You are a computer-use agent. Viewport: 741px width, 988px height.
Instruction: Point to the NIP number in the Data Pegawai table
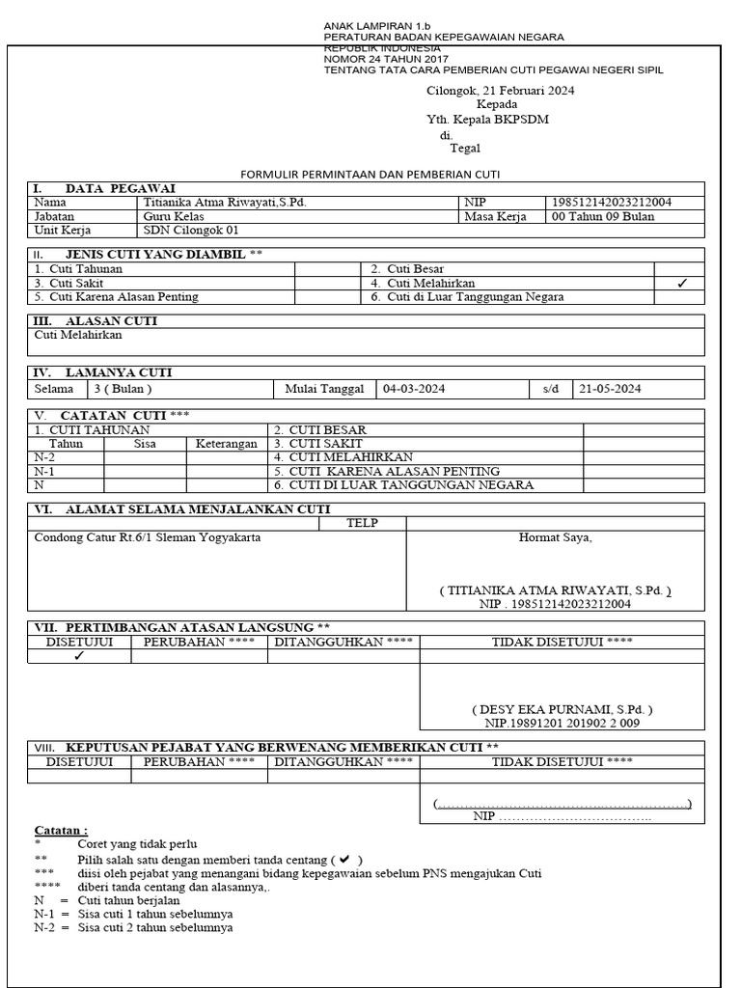click(x=611, y=203)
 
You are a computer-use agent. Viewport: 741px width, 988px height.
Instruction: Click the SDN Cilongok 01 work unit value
click(x=190, y=232)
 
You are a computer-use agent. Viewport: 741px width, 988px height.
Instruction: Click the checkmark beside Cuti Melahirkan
click(x=682, y=284)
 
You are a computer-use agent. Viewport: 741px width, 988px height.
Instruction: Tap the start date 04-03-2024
click(x=414, y=389)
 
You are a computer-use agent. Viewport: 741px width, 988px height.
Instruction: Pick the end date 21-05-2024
click(x=610, y=389)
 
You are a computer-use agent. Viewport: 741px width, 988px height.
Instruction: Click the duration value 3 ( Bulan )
click(x=123, y=389)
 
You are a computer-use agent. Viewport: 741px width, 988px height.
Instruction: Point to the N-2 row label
click(x=44, y=457)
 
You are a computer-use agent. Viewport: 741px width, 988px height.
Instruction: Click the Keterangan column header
click(x=226, y=444)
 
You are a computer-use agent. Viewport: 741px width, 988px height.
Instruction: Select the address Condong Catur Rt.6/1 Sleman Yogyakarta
click(x=147, y=537)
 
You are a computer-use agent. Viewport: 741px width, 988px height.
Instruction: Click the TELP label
click(x=362, y=523)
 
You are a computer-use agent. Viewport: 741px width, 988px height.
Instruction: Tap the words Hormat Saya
click(x=555, y=537)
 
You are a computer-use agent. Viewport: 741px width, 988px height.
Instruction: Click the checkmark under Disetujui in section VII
click(x=79, y=656)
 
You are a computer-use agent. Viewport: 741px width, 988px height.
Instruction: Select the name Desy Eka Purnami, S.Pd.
click(x=555, y=708)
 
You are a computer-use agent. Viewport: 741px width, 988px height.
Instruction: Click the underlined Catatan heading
click(x=61, y=830)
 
